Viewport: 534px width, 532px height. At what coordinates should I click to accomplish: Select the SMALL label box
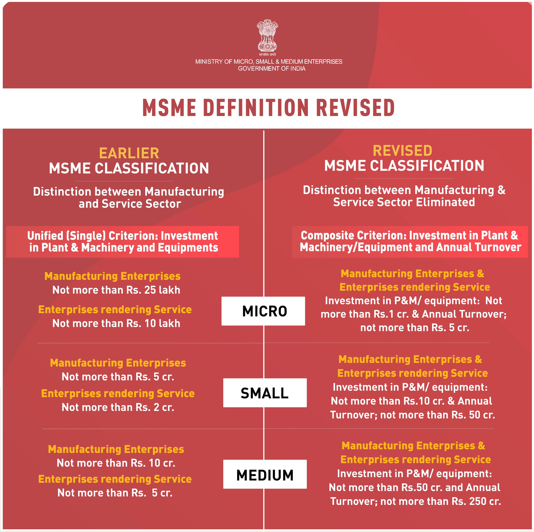point(265,393)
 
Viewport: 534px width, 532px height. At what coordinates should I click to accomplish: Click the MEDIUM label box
point(265,475)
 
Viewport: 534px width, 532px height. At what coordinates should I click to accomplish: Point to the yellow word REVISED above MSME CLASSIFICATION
point(402,151)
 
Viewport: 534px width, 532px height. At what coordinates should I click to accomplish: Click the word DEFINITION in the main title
point(256,108)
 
